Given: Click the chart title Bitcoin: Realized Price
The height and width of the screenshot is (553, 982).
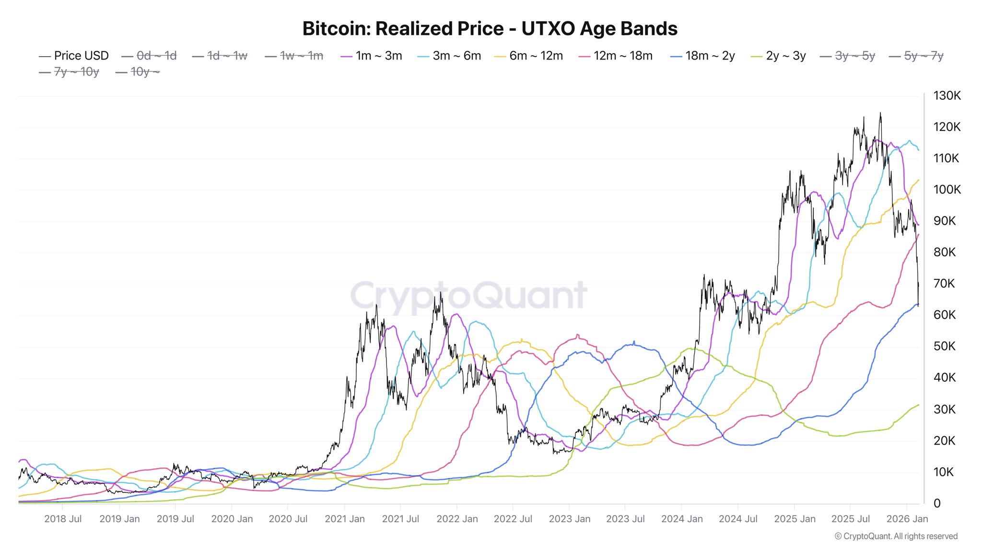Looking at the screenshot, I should tap(490, 29).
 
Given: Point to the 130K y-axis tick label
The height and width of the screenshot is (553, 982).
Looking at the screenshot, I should tap(947, 96).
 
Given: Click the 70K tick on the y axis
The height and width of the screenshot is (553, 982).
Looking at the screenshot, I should tap(944, 284).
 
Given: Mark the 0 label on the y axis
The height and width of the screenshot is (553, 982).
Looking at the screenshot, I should tap(937, 503).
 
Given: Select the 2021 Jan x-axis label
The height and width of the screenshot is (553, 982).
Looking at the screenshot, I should tap(344, 519).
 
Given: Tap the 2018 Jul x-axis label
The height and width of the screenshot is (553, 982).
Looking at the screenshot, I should tap(63, 519).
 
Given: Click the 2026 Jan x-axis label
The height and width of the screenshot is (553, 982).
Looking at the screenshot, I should tap(907, 519).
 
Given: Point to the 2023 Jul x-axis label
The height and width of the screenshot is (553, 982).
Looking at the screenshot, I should tap(625, 519).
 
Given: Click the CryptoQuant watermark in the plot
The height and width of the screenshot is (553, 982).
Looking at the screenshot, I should tap(468, 295).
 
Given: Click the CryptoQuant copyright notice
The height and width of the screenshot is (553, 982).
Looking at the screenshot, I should tap(896, 536).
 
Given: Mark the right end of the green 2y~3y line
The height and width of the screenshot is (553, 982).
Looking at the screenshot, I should tap(918, 405).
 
